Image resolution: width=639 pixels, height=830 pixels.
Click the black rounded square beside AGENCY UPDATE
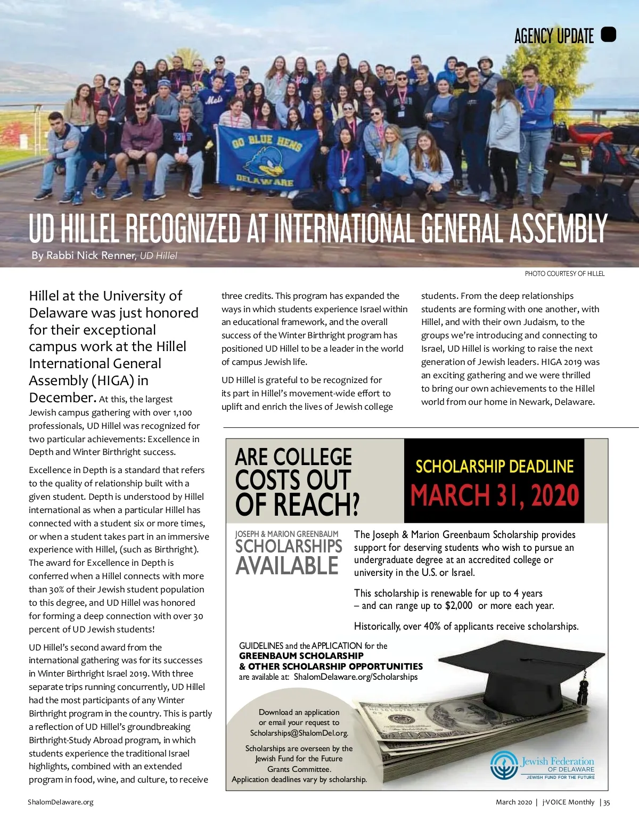[608, 35]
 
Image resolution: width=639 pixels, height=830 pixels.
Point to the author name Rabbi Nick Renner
[91, 255]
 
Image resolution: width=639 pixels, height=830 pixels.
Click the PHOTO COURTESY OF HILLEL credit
[564, 274]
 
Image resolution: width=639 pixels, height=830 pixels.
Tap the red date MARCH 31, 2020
[494, 495]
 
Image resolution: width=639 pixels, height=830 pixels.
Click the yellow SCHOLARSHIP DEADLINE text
[494, 467]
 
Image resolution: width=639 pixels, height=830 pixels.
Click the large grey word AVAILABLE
[287, 566]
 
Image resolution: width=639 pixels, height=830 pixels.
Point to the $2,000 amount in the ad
[458, 606]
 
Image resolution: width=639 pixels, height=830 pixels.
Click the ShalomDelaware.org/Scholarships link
[356, 677]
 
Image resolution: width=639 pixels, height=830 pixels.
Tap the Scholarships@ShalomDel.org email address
[299, 733]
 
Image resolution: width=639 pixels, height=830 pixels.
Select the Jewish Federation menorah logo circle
[504, 765]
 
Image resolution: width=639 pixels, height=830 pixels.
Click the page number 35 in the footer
[607, 802]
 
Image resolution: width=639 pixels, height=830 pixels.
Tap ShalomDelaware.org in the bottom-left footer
[61, 802]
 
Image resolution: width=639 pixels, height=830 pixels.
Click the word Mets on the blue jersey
[214, 99]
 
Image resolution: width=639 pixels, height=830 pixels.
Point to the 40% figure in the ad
[432, 626]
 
